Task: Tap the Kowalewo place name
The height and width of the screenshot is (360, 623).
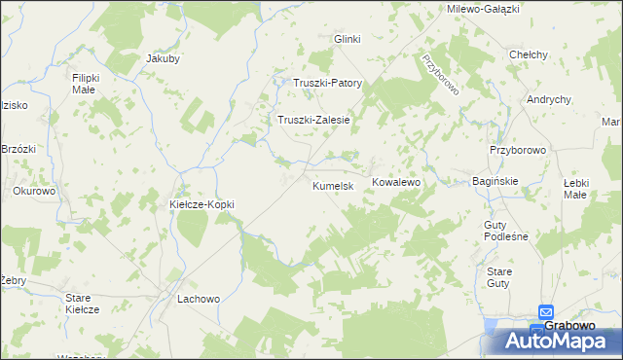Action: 395,182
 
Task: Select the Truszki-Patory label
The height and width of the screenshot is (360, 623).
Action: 328,84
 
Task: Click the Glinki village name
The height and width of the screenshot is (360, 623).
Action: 348,39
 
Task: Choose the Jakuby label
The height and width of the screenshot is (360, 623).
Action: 163,58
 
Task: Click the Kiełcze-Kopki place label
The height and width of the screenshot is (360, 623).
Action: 202,205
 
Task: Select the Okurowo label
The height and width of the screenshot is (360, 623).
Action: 34,191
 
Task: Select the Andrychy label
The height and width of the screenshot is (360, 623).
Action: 548,99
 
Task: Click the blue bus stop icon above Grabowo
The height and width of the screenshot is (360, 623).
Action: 547,309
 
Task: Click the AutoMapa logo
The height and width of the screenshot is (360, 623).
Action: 559,341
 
